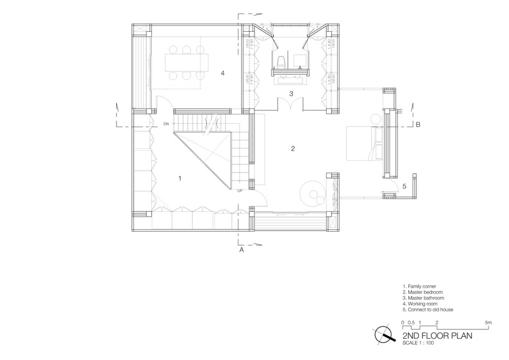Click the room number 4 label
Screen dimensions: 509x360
click(x=222, y=73)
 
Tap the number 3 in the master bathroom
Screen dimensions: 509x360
click(x=291, y=94)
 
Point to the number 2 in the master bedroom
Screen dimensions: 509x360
click(x=293, y=148)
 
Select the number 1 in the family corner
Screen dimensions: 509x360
click(x=180, y=178)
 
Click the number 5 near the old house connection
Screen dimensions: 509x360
click(x=404, y=186)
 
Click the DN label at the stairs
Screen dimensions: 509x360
click(x=166, y=124)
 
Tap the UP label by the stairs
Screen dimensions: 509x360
click(x=240, y=191)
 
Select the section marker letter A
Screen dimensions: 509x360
click(x=241, y=250)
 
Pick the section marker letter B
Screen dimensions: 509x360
click(x=418, y=125)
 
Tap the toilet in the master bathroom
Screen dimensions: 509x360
click(x=281, y=62)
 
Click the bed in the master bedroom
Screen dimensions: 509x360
click(x=365, y=143)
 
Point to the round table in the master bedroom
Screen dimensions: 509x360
click(x=312, y=194)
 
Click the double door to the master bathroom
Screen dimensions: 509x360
click(x=291, y=104)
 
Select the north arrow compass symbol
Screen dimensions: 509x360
click(x=384, y=335)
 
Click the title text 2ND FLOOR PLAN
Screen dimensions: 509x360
click(x=437, y=336)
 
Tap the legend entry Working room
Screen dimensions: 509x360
click(x=420, y=304)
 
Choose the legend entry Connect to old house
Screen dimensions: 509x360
click(x=427, y=310)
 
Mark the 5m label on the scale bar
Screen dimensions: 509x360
click(x=488, y=323)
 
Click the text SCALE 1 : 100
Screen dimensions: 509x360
click(x=418, y=343)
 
